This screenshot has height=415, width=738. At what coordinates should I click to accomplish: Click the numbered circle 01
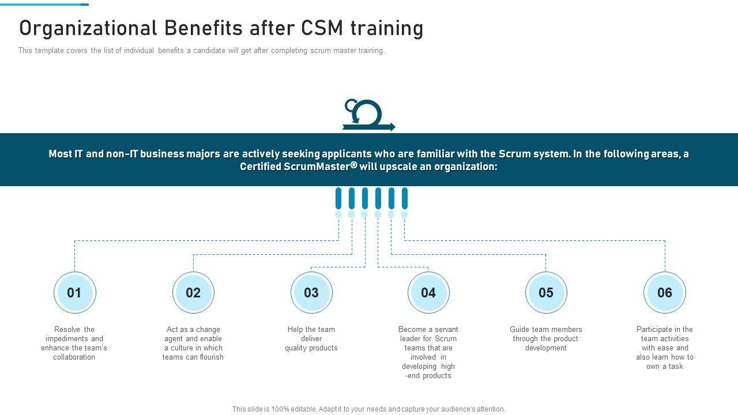[x=74, y=293]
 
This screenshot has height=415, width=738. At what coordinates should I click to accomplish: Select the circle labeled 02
[x=193, y=293]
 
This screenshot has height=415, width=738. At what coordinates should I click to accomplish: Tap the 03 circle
[x=311, y=293]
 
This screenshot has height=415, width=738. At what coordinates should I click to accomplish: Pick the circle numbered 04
[x=428, y=293]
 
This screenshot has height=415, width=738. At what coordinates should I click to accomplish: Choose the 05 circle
[x=546, y=293]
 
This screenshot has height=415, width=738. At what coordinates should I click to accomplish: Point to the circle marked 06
[x=665, y=293]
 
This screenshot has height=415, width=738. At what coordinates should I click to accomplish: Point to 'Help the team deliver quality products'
[x=311, y=338]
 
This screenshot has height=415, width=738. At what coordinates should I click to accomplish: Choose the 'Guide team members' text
[x=546, y=338]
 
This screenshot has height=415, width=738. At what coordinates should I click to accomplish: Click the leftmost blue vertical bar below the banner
[x=338, y=198]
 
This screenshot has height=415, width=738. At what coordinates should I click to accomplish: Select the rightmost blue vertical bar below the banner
[x=405, y=198]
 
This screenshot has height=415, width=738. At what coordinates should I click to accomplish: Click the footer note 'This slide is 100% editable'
[x=368, y=409]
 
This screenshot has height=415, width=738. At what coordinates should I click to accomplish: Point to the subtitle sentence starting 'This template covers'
[x=201, y=51]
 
